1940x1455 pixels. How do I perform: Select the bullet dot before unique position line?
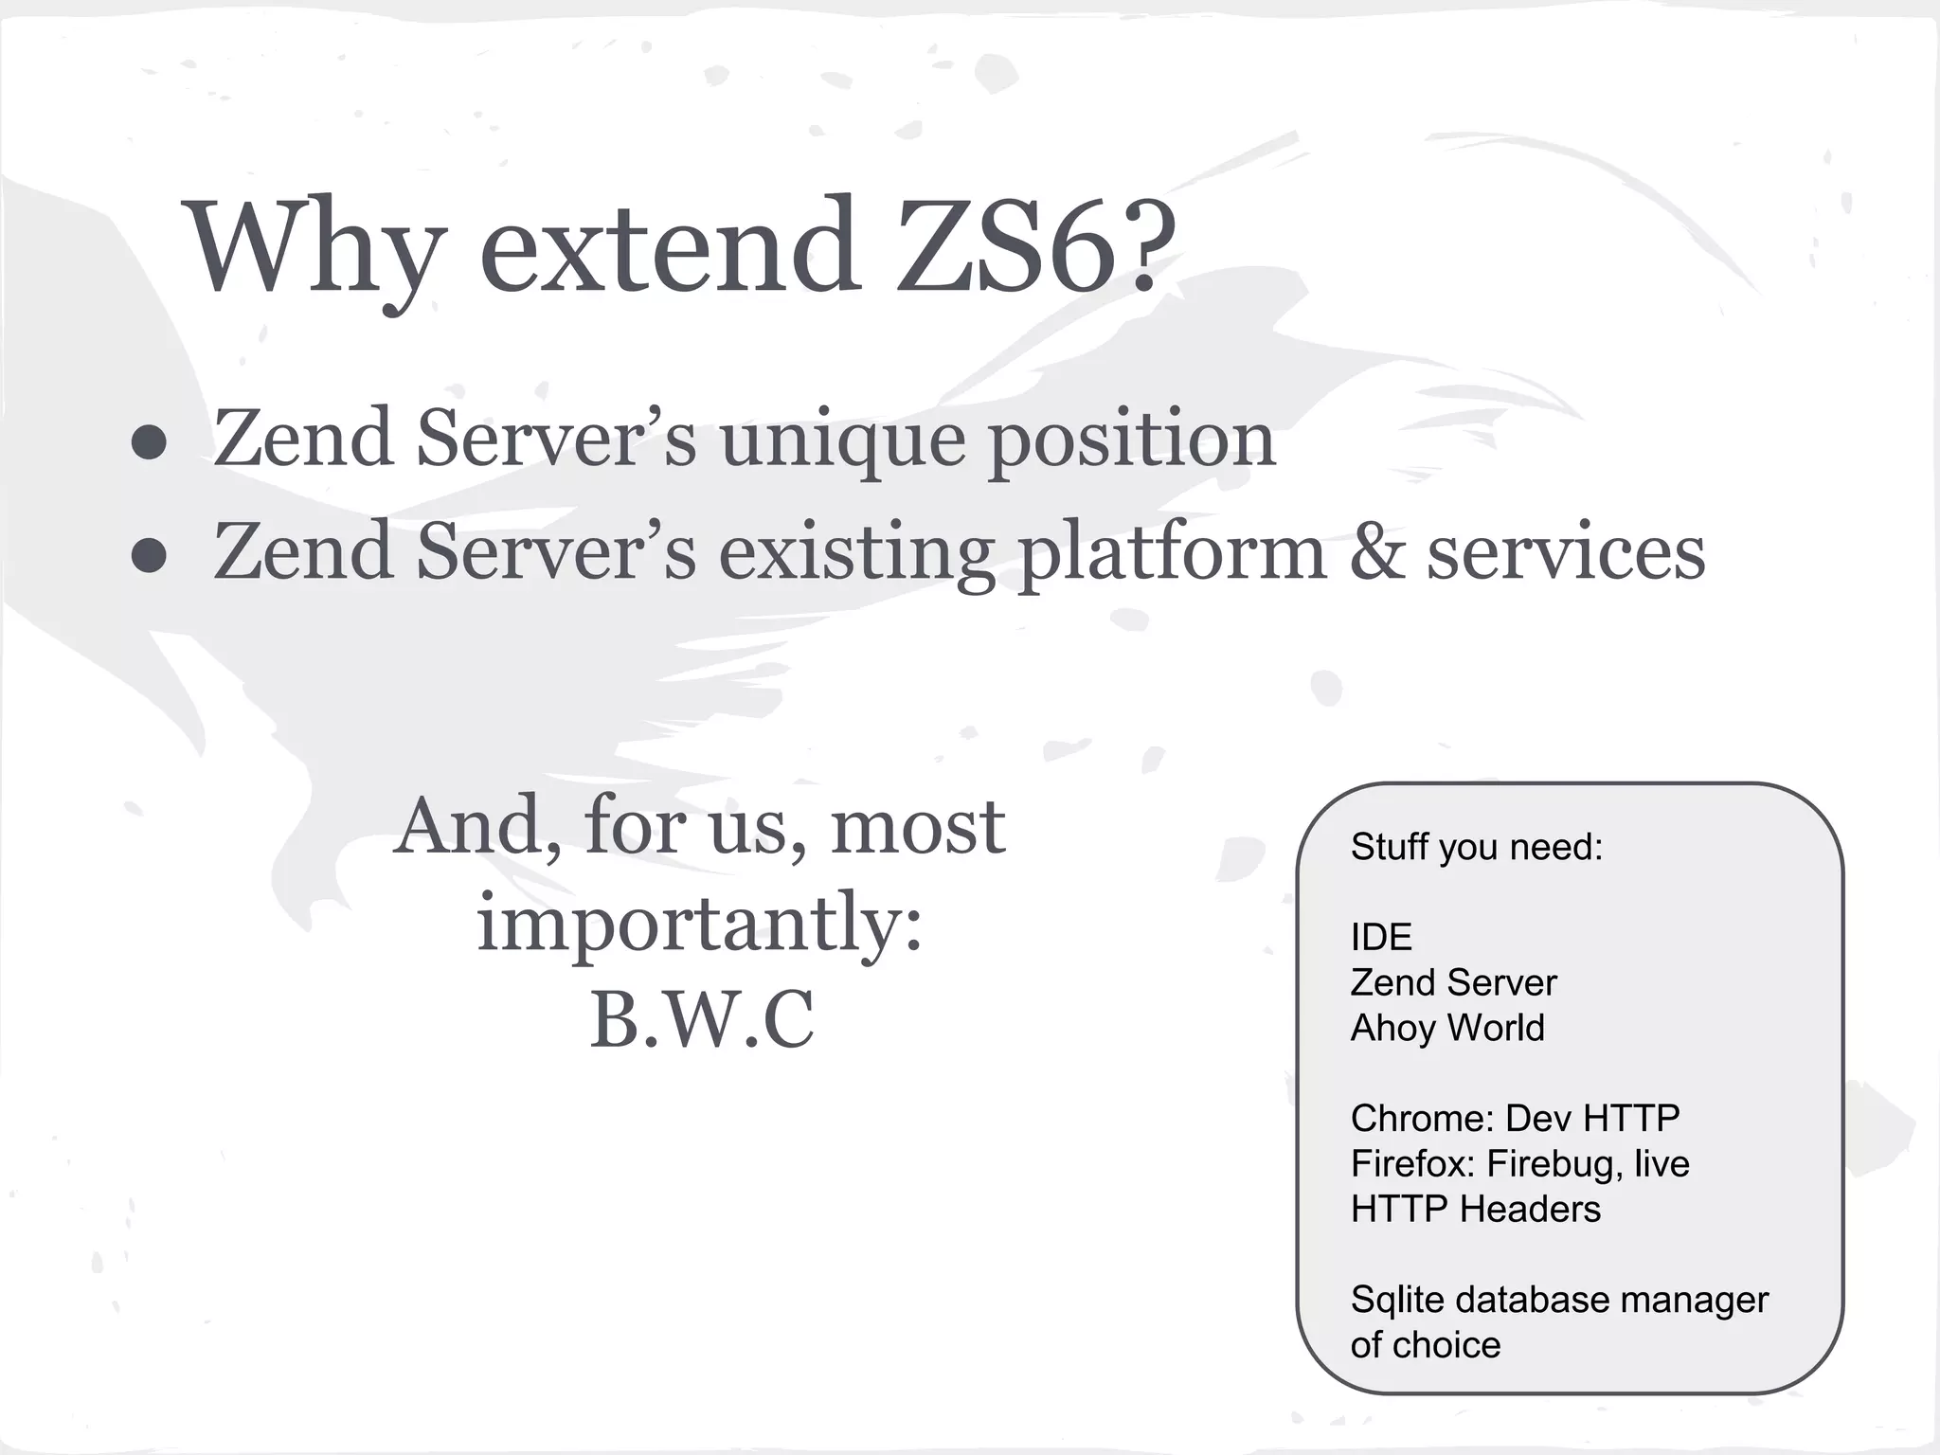pyautogui.click(x=150, y=441)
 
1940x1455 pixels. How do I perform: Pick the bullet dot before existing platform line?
pyautogui.click(x=150, y=555)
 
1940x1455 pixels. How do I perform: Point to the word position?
pyautogui.click(x=1132, y=441)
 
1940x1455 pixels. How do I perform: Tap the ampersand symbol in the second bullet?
pyautogui.click(x=1376, y=552)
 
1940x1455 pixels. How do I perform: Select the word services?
pyautogui.click(x=1566, y=552)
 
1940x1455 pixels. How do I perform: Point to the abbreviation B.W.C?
pyautogui.click(x=701, y=1020)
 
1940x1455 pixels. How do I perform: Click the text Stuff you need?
pyautogui.click(x=1476, y=847)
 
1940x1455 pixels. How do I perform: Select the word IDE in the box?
pyautogui.click(x=1381, y=937)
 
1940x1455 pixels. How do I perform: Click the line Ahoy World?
pyautogui.click(x=1446, y=1028)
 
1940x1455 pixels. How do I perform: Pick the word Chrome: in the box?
pyautogui.click(x=1422, y=1119)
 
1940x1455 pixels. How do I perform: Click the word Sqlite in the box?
pyautogui.click(x=1396, y=1301)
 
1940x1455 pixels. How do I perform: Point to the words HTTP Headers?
pyautogui.click(x=1475, y=1210)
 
